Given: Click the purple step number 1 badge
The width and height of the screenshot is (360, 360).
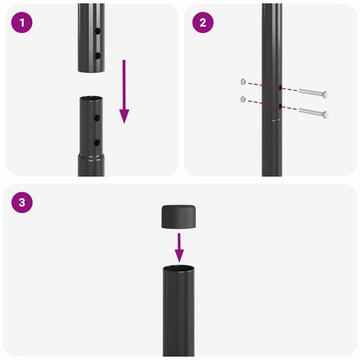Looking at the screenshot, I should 22,23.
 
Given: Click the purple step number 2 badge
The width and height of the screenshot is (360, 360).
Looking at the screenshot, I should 202,23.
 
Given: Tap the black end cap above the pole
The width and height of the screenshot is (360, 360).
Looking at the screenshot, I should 179,216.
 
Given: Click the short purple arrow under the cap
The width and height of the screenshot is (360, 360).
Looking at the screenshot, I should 179,247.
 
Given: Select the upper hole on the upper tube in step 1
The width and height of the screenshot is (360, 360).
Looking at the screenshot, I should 97,32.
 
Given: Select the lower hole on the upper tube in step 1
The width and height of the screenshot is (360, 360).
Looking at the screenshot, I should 97,55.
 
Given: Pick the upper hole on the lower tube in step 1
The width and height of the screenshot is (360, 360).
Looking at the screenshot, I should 97,118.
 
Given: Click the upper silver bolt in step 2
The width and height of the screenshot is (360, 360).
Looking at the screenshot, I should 313,93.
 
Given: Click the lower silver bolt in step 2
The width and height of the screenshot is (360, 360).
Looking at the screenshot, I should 313,112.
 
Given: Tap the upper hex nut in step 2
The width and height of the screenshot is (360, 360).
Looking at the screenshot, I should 243,81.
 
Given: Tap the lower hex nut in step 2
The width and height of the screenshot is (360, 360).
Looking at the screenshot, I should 243,99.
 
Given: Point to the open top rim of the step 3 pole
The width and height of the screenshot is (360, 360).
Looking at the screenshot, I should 179,269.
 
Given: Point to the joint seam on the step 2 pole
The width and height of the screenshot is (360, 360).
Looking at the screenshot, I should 272,120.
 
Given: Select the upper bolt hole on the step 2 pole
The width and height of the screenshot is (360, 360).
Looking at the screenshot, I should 280,88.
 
